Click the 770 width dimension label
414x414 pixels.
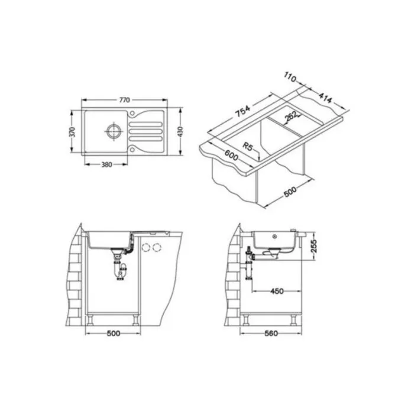click(124, 100)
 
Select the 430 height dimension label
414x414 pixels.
click(180, 132)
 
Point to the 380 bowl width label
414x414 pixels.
click(106, 164)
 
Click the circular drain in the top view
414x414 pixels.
click(114, 131)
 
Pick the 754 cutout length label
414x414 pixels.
click(242, 111)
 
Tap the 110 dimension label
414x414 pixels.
click(290, 77)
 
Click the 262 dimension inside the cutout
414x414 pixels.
click(291, 117)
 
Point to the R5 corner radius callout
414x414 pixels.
click(247, 146)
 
